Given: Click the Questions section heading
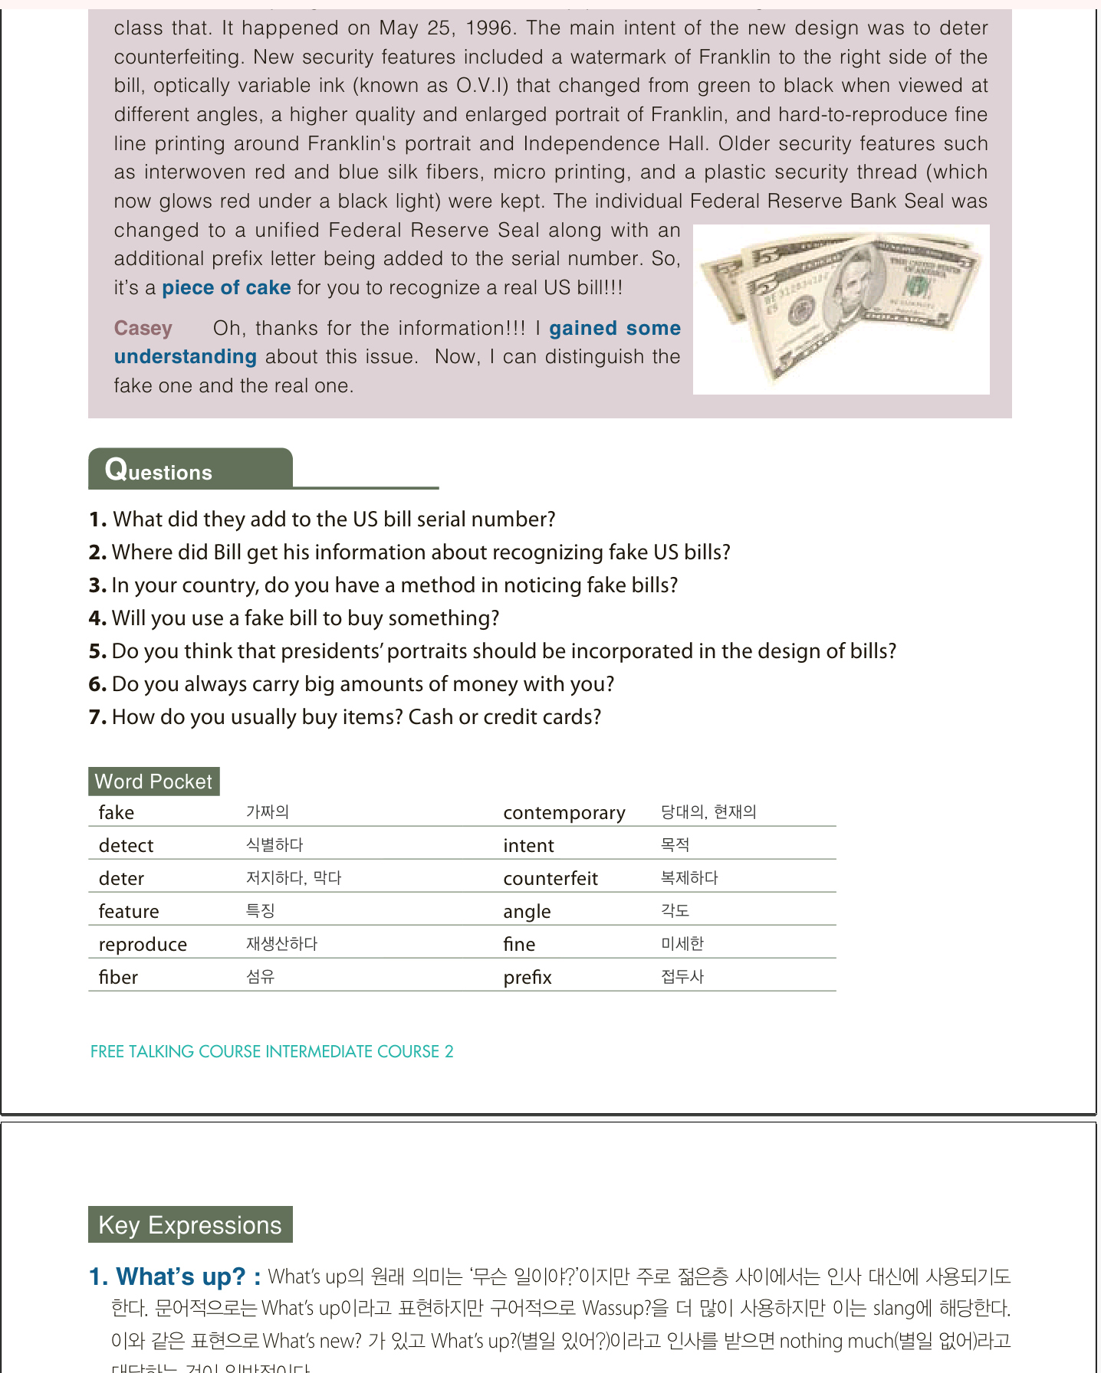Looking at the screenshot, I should point(159,470).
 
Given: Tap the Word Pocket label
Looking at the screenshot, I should point(153,782).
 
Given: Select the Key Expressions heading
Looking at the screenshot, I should point(190,1225).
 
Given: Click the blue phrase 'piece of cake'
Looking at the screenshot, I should point(226,288).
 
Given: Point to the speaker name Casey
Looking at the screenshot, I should point(143,329).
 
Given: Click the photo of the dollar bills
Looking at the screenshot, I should point(840,309).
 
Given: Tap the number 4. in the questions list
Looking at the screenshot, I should point(97,618).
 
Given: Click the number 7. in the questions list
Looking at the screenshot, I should point(97,717).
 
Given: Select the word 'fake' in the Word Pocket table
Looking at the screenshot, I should point(117,813).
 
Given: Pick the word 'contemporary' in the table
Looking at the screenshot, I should point(564,813).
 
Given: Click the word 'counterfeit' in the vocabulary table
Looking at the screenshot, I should point(550,879).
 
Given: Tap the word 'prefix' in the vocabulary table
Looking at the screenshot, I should point(527,978).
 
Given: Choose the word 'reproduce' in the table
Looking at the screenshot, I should point(143,945).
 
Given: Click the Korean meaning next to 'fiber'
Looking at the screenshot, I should point(261,977).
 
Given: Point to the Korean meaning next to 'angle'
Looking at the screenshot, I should point(675,911).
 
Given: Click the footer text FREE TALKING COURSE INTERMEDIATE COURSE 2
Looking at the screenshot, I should point(272,1051).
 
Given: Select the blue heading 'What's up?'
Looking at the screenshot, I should point(180,1276).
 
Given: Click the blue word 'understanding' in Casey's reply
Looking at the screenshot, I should point(186,357).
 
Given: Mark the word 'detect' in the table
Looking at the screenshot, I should point(127,846).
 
